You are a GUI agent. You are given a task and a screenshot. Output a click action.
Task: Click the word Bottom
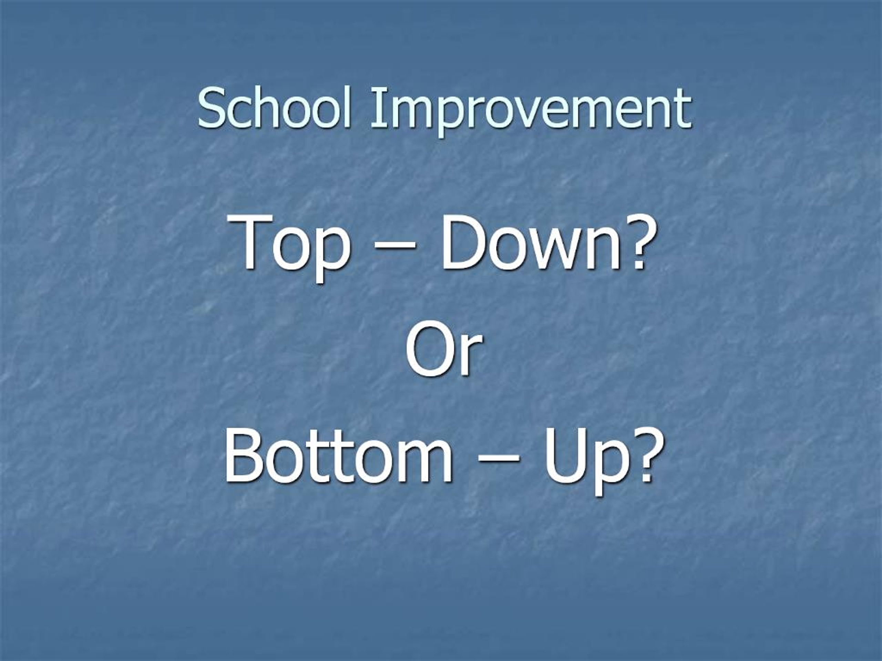point(339,458)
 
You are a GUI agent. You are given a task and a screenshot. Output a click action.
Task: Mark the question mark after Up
point(638,458)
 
